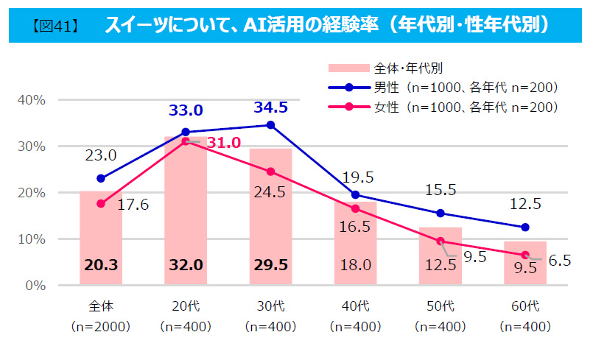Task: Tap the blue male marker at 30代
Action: [270, 125]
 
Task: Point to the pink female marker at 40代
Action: [356, 209]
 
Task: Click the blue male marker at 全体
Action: [101, 178]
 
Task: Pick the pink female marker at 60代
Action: [525, 255]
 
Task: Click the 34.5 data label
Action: [270, 107]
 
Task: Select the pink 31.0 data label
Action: [223, 143]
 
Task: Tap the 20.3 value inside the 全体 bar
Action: [100, 266]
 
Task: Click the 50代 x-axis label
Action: [441, 305]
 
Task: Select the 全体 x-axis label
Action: [101, 305]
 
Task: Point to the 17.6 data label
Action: [133, 205]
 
